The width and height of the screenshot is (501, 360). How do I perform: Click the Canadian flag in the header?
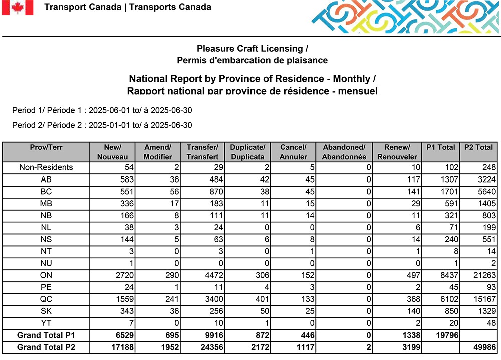point(17,8)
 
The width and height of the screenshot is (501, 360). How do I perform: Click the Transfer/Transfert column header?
point(202,152)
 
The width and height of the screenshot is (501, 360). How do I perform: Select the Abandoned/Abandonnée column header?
point(344,152)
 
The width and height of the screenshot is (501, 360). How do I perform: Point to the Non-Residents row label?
point(46,167)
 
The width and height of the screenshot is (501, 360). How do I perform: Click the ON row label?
point(46,275)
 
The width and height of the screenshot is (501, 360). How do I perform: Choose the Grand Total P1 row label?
point(46,335)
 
